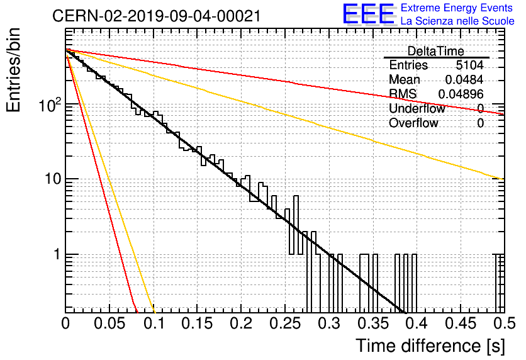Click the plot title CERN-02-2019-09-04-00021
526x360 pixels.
pos(156,16)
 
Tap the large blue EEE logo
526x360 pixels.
pos(369,14)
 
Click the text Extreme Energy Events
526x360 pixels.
pos(457,8)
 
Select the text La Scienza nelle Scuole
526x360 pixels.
pos(457,21)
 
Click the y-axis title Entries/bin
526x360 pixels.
pos(13,70)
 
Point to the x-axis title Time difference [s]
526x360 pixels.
pos(430,346)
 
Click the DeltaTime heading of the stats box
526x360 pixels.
pos(436,51)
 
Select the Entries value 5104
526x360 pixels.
pos(469,65)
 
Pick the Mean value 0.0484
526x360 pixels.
pos(464,79)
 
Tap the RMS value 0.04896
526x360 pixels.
pos(461,94)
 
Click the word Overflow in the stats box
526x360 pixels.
pos(413,123)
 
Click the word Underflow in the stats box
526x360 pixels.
pos(417,109)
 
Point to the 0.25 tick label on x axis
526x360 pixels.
pos(285,323)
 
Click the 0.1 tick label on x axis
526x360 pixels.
pos(154,323)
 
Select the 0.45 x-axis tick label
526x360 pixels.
pos(461,323)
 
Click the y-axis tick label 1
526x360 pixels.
pos(57,255)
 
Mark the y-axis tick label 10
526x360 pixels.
pos(53,179)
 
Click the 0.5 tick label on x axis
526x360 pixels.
pos(505,323)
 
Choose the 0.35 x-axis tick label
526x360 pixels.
pos(373,323)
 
